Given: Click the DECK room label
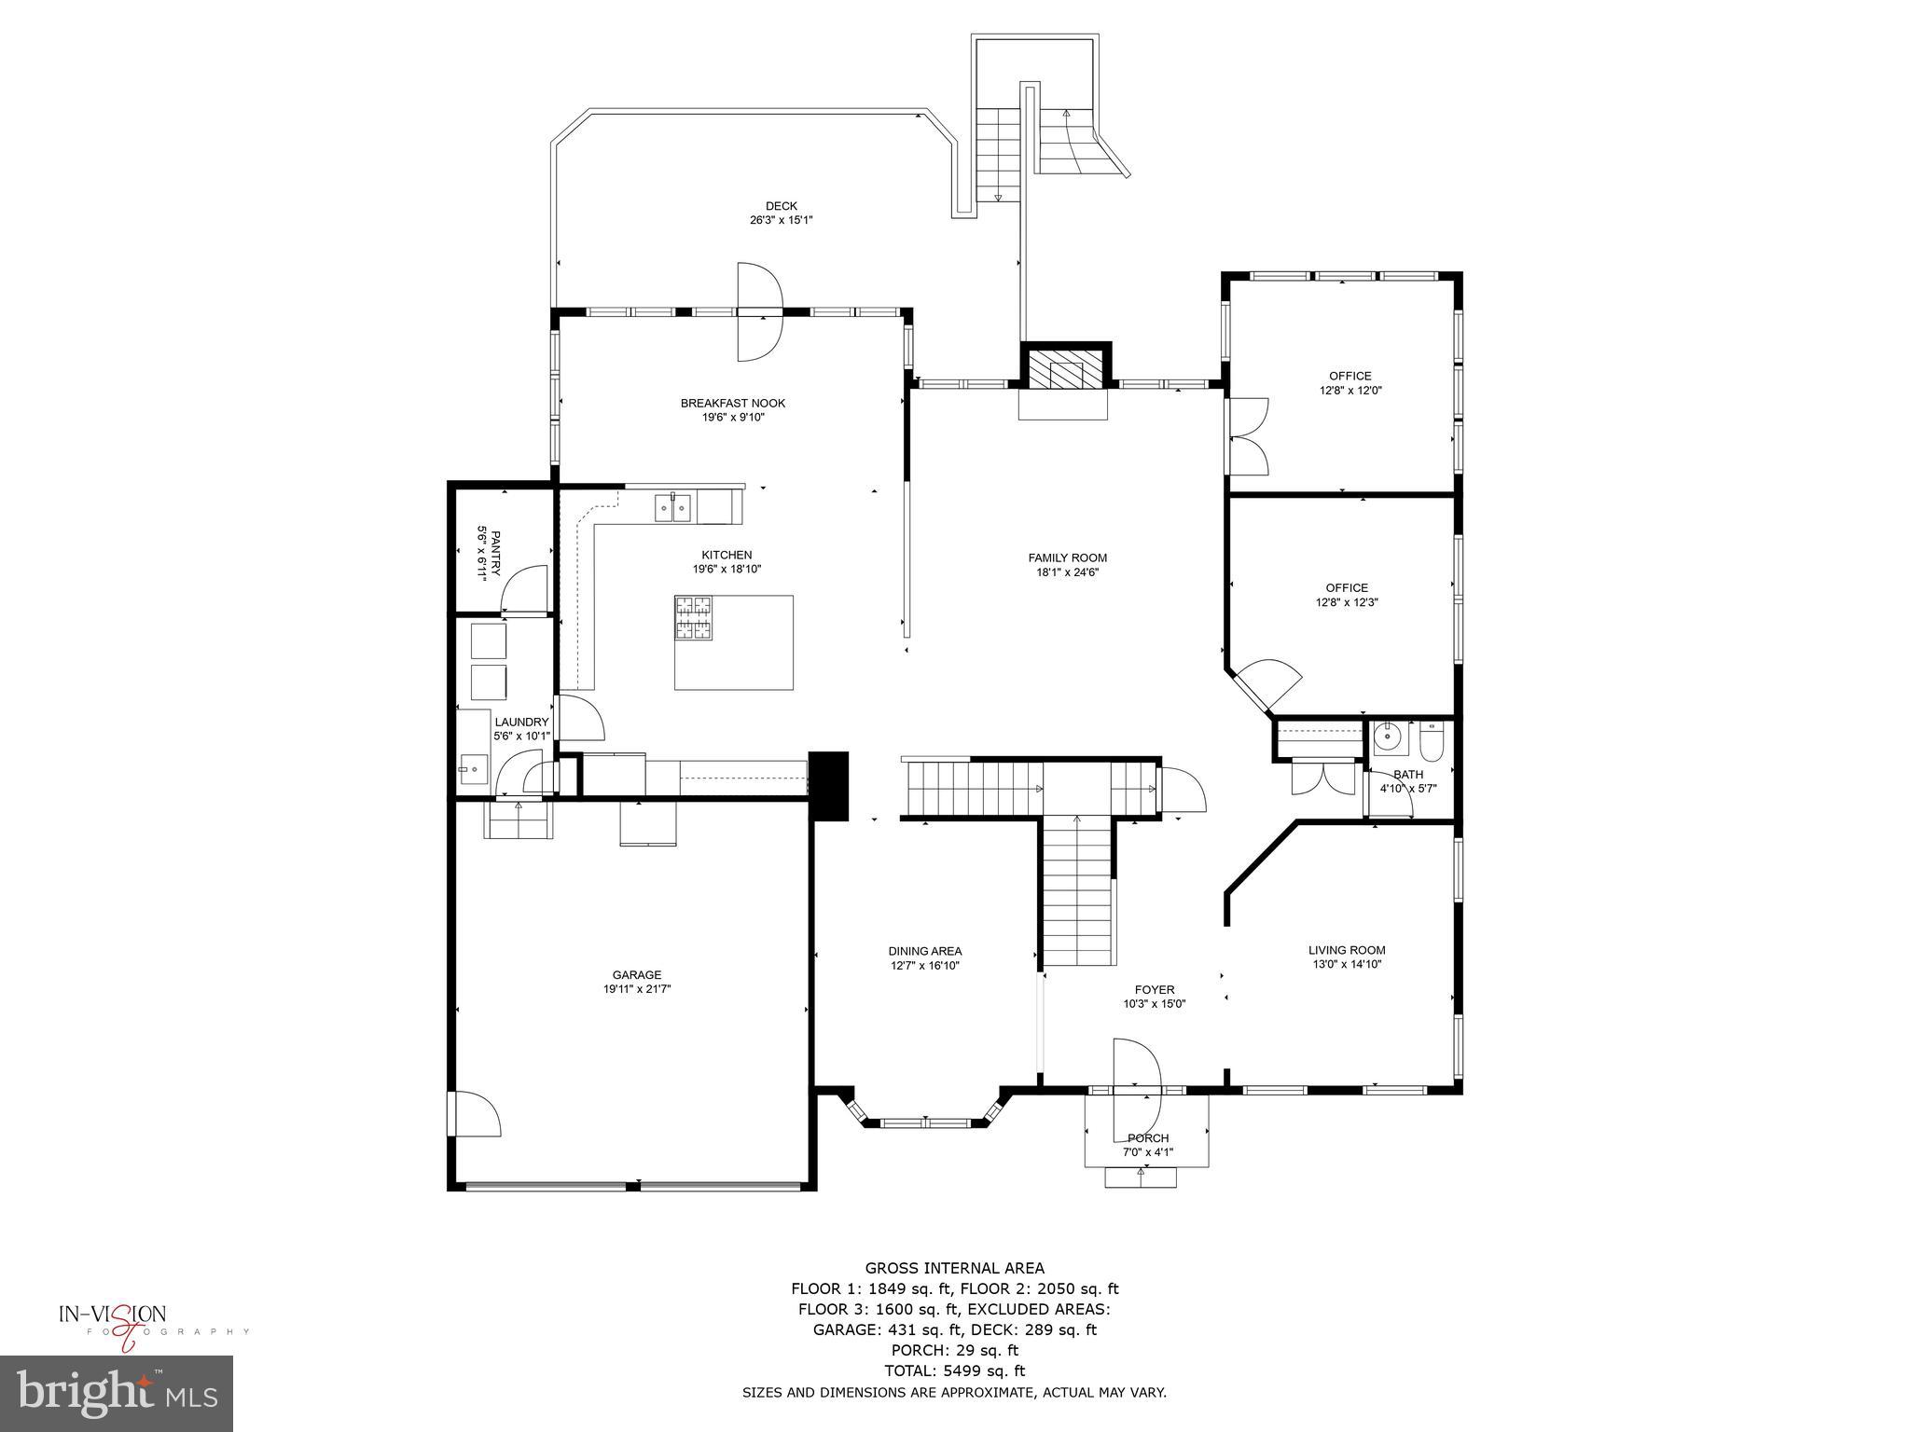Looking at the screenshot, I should point(782,206).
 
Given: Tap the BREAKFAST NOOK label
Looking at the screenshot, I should point(733,404).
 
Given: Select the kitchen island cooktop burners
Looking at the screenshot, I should point(694,618).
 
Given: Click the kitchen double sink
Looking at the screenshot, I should point(671,509).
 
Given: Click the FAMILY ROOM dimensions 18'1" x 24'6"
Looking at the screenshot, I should point(1068,572).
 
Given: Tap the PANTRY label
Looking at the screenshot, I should point(489,554).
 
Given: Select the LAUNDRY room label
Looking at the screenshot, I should point(521,722).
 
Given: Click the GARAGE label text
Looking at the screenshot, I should point(637,975).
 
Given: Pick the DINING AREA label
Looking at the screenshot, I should point(924,951).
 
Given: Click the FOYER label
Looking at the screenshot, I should point(1155,990).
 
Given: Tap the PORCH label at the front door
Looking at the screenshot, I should point(1148,1138).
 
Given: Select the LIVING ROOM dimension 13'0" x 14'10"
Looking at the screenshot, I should point(1347,965).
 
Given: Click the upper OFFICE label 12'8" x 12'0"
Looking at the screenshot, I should point(1350,377).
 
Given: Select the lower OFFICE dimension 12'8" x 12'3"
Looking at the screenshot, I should point(1347,602).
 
